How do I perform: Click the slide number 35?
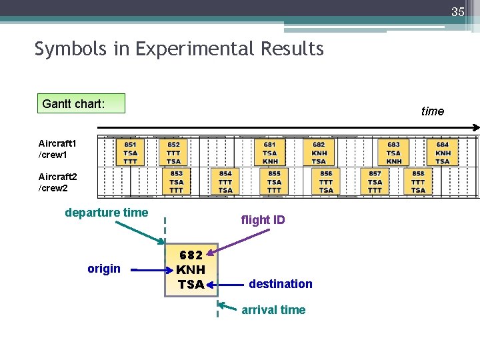click(x=457, y=11)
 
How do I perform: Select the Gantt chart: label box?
click(x=81, y=103)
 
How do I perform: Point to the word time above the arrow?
click(x=432, y=111)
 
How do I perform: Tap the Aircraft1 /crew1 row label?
click(x=58, y=149)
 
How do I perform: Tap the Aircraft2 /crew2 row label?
click(x=58, y=182)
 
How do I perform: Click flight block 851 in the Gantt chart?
click(x=131, y=153)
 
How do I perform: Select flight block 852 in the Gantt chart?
click(x=173, y=153)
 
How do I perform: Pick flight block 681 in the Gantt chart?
click(x=270, y=153)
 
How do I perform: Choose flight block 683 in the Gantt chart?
click(x=393, y=153)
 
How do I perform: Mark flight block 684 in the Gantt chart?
click(x=443, y=153)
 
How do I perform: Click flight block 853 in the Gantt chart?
click(x=176, y=182)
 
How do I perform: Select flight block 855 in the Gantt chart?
click(x=274, y=182)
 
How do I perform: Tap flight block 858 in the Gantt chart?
click(x=418, y=182)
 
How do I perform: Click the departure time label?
click(x=107, y=213)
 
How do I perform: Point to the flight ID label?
click(x=263, y=220)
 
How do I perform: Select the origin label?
click(x=104, y=269)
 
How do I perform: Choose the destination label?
click(x=280, y=284)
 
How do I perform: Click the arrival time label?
click(x=273, y=310)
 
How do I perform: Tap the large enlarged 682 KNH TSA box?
click(x=191, y=270)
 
